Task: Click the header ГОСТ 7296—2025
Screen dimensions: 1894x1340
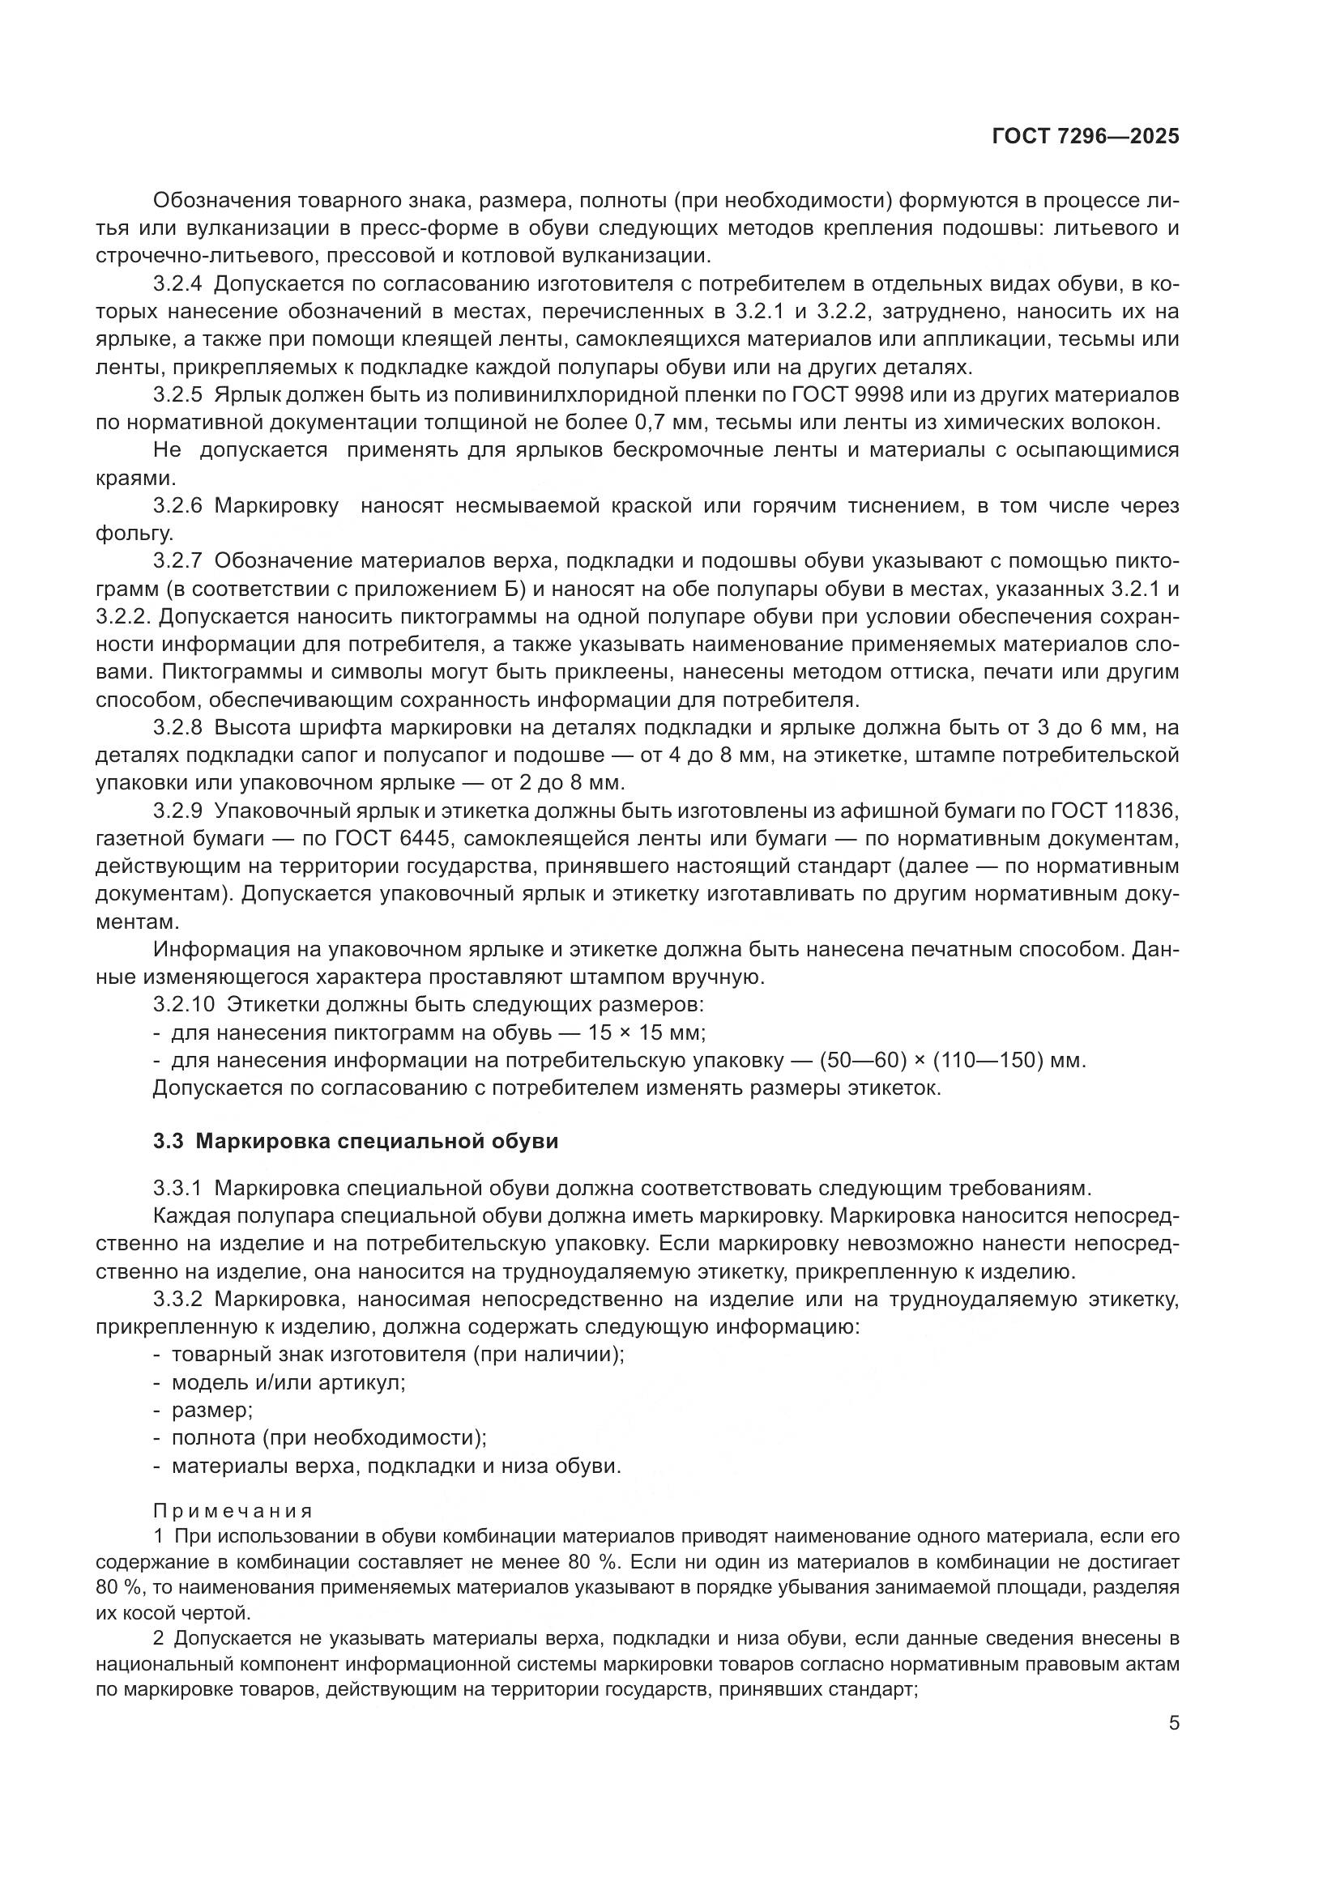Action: (1085, 136)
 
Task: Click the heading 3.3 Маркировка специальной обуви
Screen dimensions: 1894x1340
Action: (356, 1142)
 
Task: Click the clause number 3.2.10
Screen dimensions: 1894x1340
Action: (183, 1005)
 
